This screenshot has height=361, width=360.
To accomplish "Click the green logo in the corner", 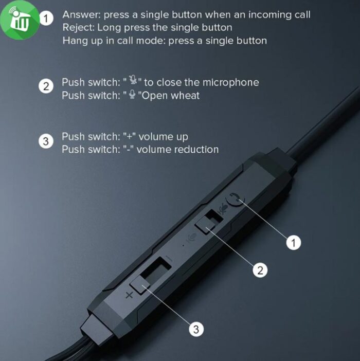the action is (x=20, y=20).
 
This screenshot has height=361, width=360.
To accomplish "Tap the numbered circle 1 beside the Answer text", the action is (x=46, y=19).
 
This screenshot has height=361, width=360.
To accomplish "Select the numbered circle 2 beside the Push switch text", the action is (x=46, y=86).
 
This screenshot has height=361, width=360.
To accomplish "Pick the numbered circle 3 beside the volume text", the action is (x=46, y=141).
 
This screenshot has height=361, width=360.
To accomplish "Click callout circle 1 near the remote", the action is (x=294, y=242).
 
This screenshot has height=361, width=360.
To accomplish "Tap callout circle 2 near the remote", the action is (x=260, y=270).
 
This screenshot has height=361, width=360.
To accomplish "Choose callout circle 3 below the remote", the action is (x=196, y=329).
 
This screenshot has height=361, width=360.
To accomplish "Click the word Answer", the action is (x=81, y=15).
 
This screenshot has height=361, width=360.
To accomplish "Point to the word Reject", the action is (x=79, y=28).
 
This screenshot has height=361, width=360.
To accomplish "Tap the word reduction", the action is (x=196, y=150).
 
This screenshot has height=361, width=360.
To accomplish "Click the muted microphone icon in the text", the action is (x=133, y=80).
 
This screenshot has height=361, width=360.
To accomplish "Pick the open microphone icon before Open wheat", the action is (x=132, y=94).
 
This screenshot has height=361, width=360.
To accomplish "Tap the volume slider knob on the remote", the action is (x=140, y=284).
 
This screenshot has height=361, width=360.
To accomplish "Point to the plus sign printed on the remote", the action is (x=129, y=295).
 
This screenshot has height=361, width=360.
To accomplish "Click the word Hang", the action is (x=73, y=41).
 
